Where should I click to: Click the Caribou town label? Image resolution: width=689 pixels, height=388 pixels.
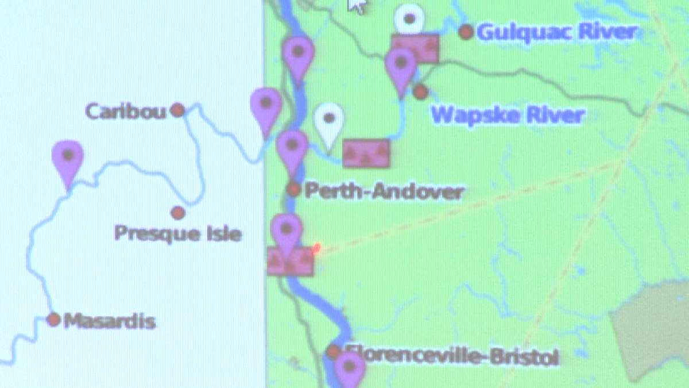click(126, 111)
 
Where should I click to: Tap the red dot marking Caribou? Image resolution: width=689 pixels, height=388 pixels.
click(178, 110)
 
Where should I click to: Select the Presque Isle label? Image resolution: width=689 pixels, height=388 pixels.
click(177, 233)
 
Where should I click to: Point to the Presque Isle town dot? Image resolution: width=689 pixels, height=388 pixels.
click(178, 213)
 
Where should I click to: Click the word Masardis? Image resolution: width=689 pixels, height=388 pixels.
click(110, 321)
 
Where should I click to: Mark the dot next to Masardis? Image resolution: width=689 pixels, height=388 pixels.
click(53, 320)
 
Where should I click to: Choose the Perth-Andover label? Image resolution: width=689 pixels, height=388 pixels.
click(384, 191)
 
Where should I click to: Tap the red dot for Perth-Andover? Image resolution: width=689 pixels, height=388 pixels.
click(294, 189)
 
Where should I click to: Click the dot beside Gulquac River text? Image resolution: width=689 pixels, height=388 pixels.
click(466, 32)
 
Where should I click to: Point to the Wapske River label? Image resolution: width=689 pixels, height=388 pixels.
click(508, 115)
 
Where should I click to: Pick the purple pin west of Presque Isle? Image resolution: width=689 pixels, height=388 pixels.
click(68, 160)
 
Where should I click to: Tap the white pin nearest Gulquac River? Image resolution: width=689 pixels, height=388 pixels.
click(409, 19)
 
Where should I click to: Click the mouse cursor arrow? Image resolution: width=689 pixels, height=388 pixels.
click(357, 5)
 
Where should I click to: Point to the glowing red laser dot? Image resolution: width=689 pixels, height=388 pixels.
click(316, 248)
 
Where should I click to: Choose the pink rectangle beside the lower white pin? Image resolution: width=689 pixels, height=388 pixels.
click(366, 153)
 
